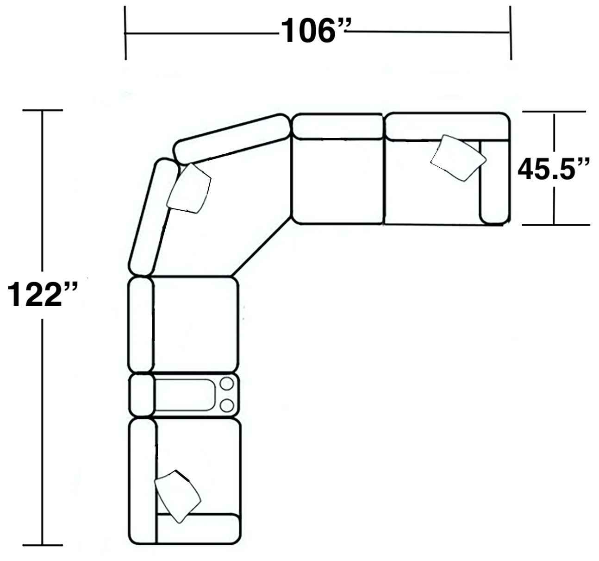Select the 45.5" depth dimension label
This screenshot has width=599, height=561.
click(554, 169)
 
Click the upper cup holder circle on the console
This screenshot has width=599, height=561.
click(227, 384)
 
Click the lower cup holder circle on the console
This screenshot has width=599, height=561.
click(227, 405)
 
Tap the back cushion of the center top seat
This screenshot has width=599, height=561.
click(338, 126)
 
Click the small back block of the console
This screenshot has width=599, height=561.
click(141, 395)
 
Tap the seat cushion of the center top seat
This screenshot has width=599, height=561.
click(338, 181)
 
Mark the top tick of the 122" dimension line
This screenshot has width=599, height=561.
click(43, 110)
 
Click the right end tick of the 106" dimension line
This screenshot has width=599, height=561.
click(511, 32)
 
